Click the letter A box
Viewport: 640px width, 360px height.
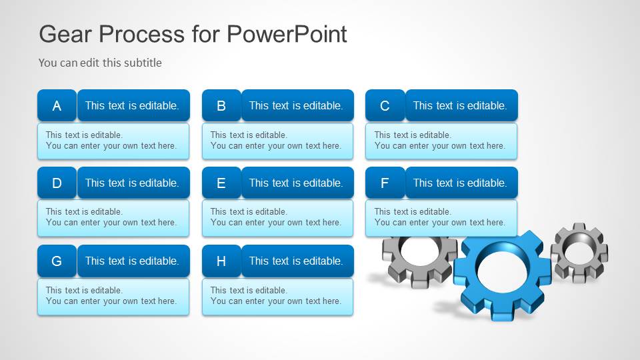[x=57, y=105]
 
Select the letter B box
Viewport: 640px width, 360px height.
[x=221, y=105]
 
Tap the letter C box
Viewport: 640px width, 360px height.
[x=385, y=105]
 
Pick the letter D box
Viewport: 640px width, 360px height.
[x=57, y=183]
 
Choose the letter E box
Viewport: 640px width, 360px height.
[x=221, y=183]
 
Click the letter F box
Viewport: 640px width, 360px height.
[x=385, y=183]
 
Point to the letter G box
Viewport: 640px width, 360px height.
[x=57, y=261]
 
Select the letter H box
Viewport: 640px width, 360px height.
[x=221, y=261]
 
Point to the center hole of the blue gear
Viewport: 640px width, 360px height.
[x=503, y=269]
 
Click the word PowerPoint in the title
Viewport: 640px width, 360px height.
[x=287, y=33]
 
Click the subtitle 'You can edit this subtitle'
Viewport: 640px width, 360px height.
[x=100, y=63]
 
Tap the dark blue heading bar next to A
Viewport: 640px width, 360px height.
[x=133, y=105]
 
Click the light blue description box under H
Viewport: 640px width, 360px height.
[x=277, y=296]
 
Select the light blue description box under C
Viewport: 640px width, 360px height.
[x=441, y=141]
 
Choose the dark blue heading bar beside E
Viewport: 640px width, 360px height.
[x=297, y=183]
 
